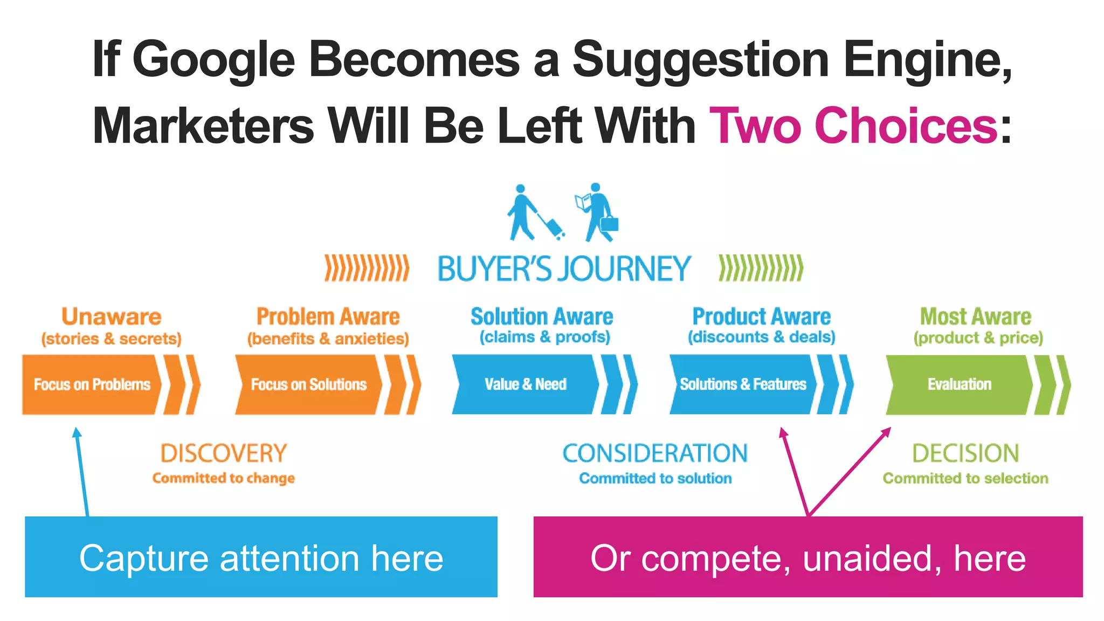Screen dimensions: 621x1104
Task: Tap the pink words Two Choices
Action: click(853, 126)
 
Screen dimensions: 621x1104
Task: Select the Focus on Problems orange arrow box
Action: click(92, 384)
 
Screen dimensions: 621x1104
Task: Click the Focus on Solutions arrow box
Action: click(308, 384)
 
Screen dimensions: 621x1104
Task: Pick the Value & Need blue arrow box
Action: click(525, 384)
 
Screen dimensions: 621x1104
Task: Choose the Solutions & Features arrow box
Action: click(742, 384)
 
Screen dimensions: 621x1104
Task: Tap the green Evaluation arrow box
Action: click(959, 384)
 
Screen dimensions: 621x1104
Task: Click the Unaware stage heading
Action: click(111, 316)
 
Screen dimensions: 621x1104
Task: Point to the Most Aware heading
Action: click(975, 316)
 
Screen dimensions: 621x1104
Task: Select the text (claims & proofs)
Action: click(544, 337)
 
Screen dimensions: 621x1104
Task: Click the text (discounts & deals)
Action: click(761, 337)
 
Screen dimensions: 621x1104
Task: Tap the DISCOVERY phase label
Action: click(223, 453)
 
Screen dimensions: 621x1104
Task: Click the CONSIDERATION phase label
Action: click(655, 453)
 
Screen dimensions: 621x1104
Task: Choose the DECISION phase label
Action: click(965, 453)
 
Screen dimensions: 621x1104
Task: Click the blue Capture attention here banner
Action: click(261, 557)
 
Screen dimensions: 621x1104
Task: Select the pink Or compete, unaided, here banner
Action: click(808, 557)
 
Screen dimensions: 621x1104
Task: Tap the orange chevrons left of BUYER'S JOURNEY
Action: click(367, 268)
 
